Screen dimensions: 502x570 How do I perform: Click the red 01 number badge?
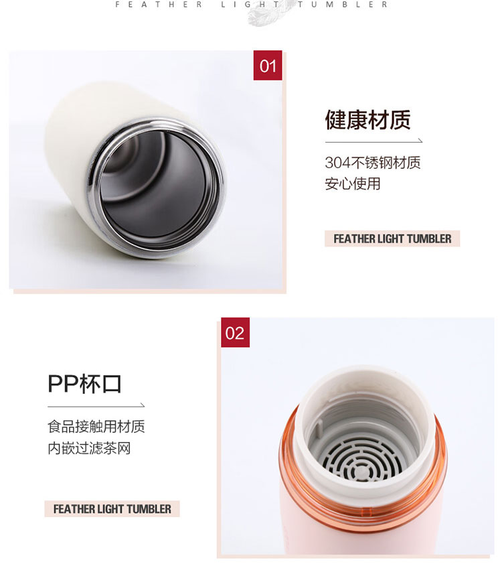(x=268, y=66)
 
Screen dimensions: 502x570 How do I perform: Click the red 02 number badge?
(x=235, y=332)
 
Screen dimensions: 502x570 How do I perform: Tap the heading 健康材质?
(x=367, y=120)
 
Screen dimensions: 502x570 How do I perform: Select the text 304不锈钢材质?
(x=373, y=163)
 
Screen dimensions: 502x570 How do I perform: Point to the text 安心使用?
(x=352, y=184)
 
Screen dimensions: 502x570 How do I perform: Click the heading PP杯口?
(x=84, y=384)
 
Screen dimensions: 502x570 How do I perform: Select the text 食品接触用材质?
(x=96, y=427)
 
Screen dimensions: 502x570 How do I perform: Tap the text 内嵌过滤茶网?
(x=89, y=448)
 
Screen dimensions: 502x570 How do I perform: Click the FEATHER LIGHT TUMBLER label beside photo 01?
(x=392, y=239)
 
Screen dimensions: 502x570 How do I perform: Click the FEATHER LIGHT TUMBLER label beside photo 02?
(x=112, y=509)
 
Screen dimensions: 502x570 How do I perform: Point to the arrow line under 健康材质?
(x=373, y=141)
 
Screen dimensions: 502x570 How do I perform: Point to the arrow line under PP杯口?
(x=96, y=406)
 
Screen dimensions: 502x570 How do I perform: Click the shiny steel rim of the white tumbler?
(x=94, y=189)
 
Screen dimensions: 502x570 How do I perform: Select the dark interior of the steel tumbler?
(x=160, y=189)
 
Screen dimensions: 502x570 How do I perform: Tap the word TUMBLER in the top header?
(x=343, y=5)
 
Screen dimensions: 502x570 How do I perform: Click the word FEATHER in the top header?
(x=159, y=5)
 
